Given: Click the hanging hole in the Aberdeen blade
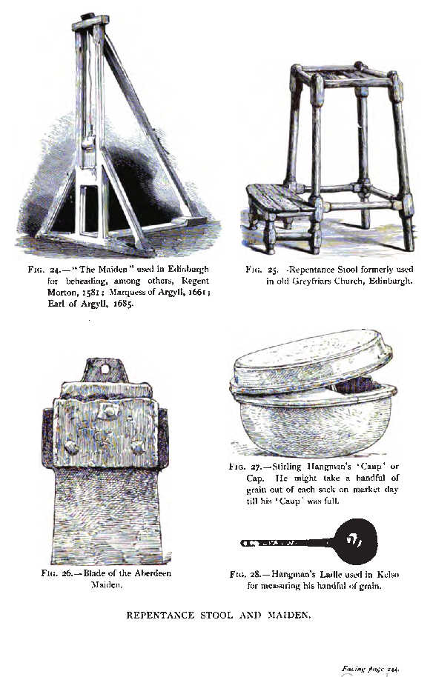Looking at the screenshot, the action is pos(105,370).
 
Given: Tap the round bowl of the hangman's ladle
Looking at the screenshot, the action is pos(356,541).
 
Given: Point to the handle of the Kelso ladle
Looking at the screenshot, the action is pos(288,543).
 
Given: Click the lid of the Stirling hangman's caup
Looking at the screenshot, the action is pos(312,360).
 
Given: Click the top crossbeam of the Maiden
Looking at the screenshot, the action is pos(90,22).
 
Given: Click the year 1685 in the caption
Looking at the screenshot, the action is pos(123,303).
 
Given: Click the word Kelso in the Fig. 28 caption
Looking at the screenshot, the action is pos(388,575).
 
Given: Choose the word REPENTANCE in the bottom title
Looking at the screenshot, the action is pos(160,616).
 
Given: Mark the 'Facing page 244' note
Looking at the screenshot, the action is pos(371,669).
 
